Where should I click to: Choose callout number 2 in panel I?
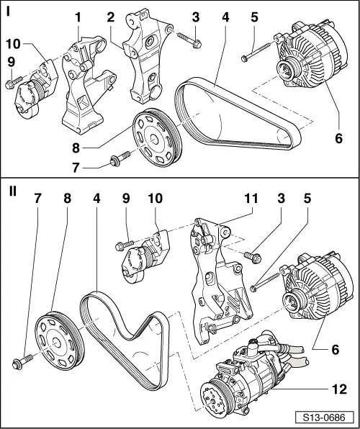110,16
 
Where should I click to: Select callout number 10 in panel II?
156,197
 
